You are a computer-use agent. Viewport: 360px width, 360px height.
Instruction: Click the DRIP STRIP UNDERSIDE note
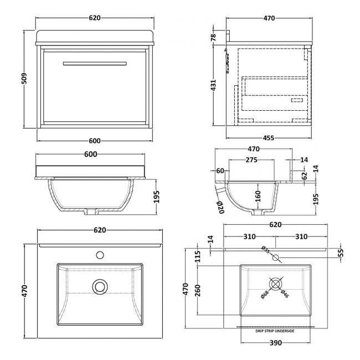point(275,331)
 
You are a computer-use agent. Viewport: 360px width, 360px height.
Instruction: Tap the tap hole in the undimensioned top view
point(100,255)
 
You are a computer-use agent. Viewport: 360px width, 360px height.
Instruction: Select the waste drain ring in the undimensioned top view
point(100,286)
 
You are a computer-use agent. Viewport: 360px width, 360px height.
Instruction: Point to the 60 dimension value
point(220,171)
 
